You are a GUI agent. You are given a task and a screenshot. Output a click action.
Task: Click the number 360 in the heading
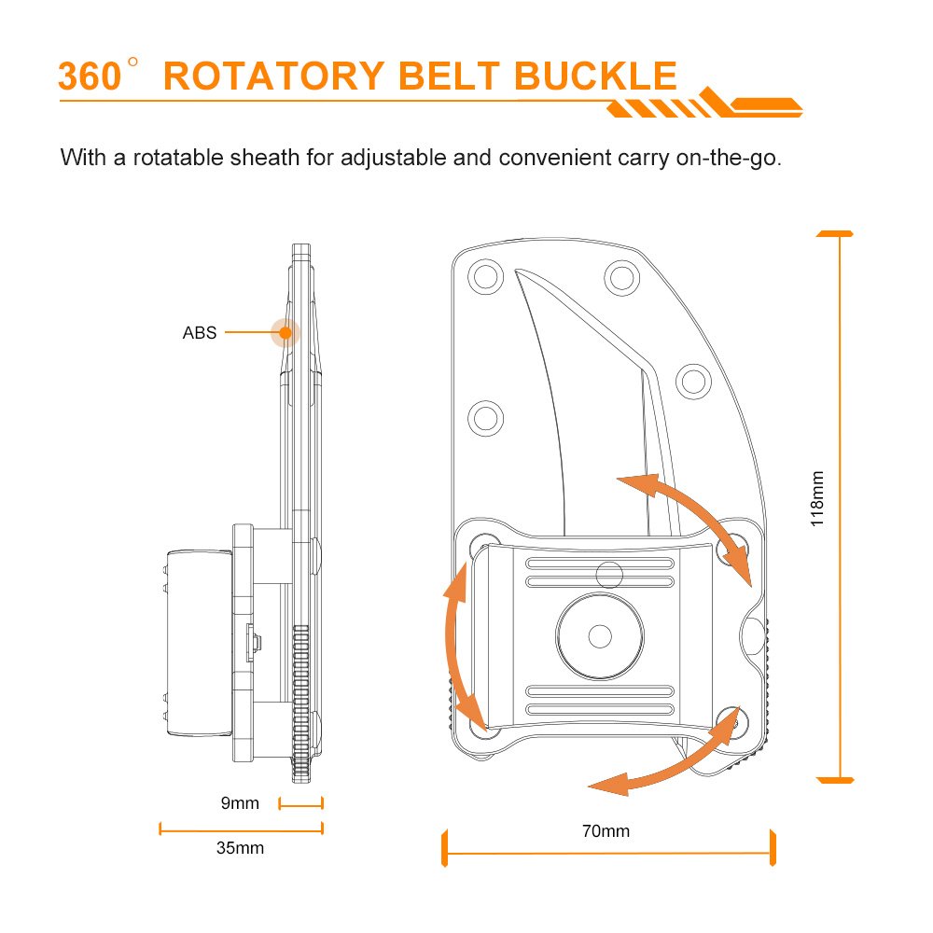click(90, 77)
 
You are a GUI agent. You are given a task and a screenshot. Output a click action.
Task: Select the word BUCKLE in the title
click(595, 76)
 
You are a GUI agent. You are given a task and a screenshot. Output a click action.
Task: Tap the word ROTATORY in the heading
click(273, 77)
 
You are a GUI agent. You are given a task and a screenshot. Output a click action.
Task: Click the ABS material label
click(200, 333)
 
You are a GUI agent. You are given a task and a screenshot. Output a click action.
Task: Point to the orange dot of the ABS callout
click(285, 333)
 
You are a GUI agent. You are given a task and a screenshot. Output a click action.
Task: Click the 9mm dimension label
click(240, 803)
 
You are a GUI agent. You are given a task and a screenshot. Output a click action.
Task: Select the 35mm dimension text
click(240, 848)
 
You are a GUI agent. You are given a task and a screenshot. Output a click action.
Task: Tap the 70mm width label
click(606, 830)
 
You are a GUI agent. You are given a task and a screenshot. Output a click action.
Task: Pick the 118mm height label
click(817, 498)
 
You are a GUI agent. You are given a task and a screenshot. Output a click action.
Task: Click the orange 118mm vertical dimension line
click(841, 507)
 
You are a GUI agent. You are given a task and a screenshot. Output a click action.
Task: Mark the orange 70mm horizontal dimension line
click(608, 853)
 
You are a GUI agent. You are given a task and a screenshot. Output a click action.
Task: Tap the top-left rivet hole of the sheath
click(485, 277)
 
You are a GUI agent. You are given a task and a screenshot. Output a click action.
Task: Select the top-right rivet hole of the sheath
click(621, 277)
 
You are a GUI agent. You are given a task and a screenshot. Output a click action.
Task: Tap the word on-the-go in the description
click(729, 159)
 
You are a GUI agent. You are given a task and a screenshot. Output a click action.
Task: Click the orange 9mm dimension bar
click(301, 804)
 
